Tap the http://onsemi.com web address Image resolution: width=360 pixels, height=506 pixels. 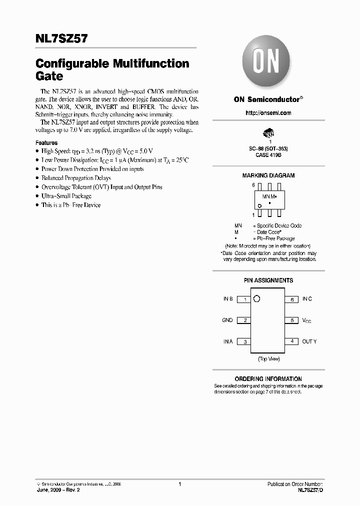pos(268,113)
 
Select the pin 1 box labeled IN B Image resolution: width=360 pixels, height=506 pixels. pos(243,299)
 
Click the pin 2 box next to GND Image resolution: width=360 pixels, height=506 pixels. pos(243,320)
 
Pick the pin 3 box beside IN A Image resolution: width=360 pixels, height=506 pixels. pos(243,342)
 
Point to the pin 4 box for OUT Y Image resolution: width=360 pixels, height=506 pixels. pos(291,341)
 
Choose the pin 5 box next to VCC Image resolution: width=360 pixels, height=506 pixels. pos(291,320)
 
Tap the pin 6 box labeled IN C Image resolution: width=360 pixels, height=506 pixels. pos(291,299)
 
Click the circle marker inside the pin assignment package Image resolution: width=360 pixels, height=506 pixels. pos(256,299)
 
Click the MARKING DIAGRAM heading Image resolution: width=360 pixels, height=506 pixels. pos(268,175)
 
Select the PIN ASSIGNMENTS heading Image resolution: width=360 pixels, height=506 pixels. pos(268,280)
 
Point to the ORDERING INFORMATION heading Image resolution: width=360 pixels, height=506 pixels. pos(268,379)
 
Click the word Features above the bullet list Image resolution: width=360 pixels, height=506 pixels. pos(46,142)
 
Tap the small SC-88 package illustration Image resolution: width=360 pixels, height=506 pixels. pos(268,133)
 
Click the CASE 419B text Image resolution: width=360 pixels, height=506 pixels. pos(268,155)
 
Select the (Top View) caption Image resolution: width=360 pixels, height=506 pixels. pos(268,359)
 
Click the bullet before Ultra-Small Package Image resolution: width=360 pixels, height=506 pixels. pos(37,196)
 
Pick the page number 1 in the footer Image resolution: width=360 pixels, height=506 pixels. pos(179,484)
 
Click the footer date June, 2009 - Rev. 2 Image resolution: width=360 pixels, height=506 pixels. pos(58,490)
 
